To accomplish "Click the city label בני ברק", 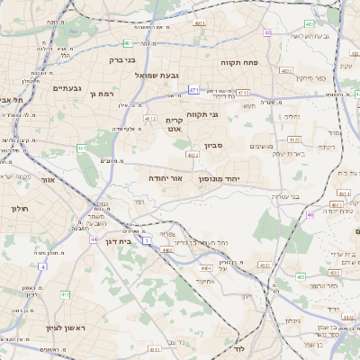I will pyautogui.click(x=121, y=60).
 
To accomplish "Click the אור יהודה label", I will pyautogui.click(x=166, y=178).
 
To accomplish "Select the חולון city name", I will pyautogui.click(x=20, y=208).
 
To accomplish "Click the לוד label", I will pyautogui.click(x=239, y=346).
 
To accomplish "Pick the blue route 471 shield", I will pyautogui.click(x=193, y=90).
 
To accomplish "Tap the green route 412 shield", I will pyautogui.click(x=65, y=294).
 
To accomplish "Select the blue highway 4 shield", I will pyautogui.click(x=41, y=266).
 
